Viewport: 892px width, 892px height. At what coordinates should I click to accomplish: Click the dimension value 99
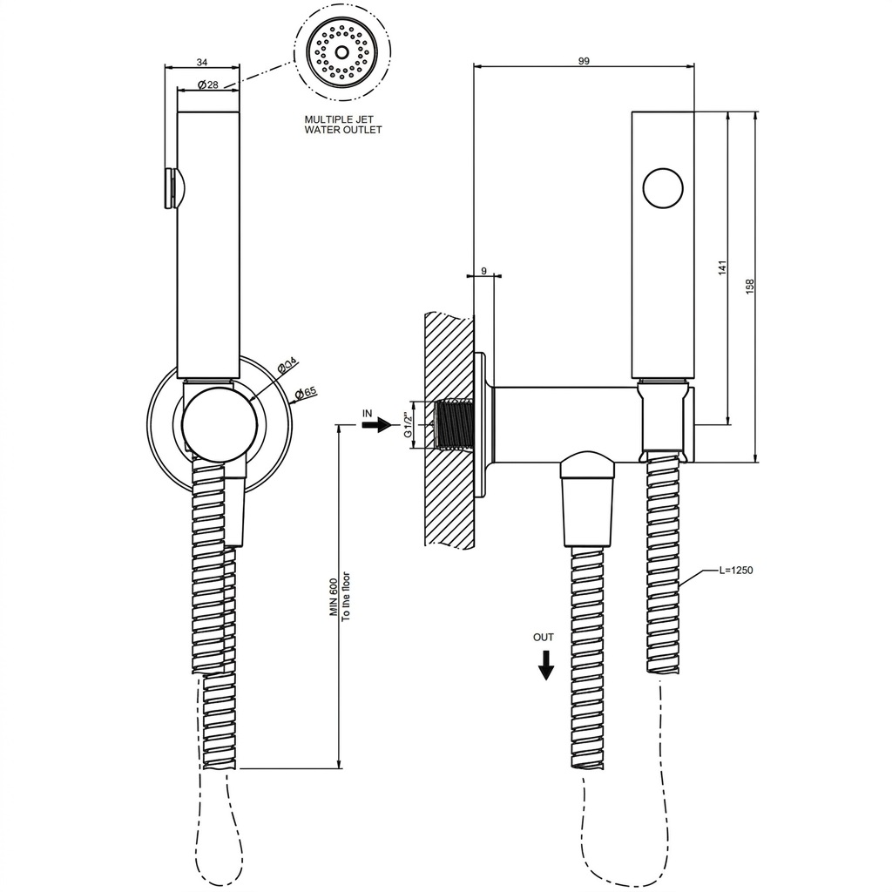click(584, 61)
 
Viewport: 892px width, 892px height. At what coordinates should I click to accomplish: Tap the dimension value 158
click(749, 286)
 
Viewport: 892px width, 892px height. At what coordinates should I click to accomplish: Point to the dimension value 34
click(202, 61)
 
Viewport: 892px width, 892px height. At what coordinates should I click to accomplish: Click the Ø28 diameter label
click(208, 84)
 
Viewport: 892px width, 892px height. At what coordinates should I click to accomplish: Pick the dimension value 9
click(483, 271)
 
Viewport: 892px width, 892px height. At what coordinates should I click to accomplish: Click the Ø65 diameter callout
click(306, 393)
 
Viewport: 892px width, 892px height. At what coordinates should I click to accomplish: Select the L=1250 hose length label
click(735, 570)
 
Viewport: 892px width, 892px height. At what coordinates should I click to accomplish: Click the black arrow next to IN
click(376, 425)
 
